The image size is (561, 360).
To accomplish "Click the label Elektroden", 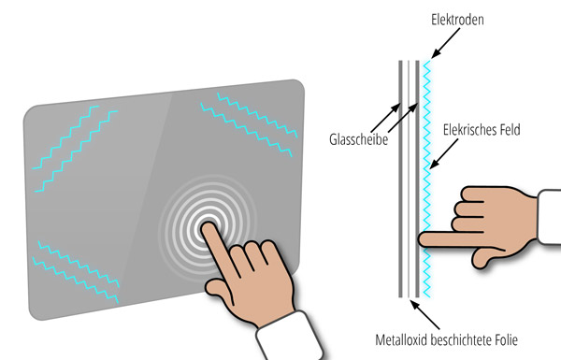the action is [x=457, y=20].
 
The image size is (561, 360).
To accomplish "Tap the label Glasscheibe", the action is [x=358, y=139].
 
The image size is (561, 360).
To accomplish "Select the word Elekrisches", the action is [x=468, y=130].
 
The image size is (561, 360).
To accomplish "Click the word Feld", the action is [x=510, y=130].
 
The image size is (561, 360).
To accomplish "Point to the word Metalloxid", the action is [x=401, y=339].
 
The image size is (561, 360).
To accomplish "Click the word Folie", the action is [x=506, y=339].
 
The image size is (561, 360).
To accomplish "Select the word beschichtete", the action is [x=461, y=339].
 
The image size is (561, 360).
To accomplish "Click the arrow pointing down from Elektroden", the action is [x=445, y=43].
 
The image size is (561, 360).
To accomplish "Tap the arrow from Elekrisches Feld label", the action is [x=443, y=153].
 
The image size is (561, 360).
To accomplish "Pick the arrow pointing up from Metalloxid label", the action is [x=425, y=315].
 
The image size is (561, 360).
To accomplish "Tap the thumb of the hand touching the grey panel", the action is [x=218, y=291].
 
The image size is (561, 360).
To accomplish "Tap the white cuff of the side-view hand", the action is [x=549, y=217].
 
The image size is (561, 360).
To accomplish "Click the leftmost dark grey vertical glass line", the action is [x=401, y=179].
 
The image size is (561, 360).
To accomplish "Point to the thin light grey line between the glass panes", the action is [x=409, y=179].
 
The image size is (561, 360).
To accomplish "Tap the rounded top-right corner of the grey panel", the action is [x=301, y=83].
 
